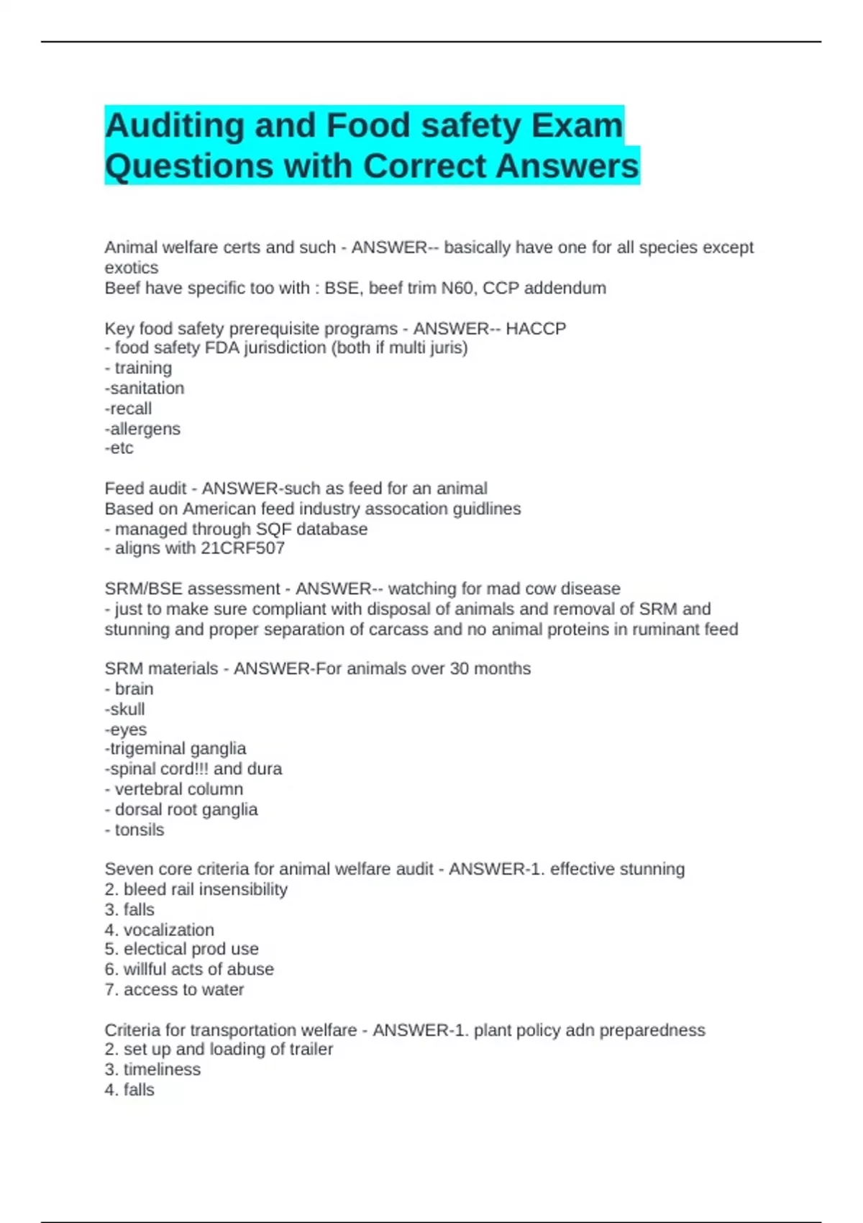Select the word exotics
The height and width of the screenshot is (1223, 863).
pos(131,268)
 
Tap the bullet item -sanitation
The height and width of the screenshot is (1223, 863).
pos(145,388)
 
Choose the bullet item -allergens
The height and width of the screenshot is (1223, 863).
pos(142,429)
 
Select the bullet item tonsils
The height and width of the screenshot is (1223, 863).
pos(139,829)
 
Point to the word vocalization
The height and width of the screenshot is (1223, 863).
pos(168,929)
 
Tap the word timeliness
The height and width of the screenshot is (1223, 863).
pos(162,1070)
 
